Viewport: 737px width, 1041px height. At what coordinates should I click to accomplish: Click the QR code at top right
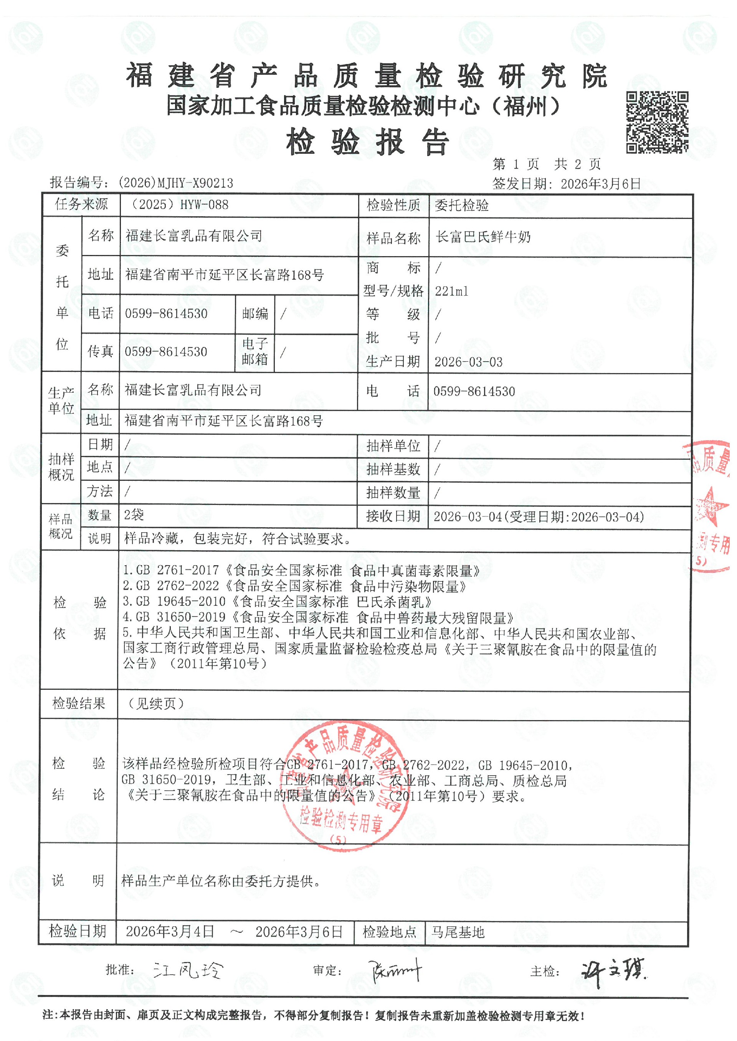tap(657, 122)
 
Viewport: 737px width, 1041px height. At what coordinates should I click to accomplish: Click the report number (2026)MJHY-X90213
tap(176, 183)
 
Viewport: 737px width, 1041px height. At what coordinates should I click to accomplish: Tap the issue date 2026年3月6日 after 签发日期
tap(600, 184)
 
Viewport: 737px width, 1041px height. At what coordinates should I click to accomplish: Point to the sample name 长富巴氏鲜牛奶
tap(483, 237)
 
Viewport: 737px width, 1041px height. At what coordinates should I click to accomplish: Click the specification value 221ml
tap(451, 291)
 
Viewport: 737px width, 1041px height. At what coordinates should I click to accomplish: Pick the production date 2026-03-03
tap(468, 362)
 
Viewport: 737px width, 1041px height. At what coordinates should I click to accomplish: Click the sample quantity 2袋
tap(134, 515)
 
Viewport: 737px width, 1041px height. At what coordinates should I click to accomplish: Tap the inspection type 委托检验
tap(461, 206)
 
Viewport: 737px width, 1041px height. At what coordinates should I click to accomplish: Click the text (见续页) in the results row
tap(156, 703)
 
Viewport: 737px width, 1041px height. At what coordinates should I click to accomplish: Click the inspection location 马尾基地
tap(458, 932)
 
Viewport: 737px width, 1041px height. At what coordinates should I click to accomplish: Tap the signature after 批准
tap(188, 970)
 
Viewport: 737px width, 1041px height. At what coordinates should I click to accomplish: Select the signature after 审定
tap(395, 971)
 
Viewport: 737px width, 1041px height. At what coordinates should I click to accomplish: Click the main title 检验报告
tap(368, 142)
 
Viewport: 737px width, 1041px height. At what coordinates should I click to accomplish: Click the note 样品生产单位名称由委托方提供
tap(221, 881)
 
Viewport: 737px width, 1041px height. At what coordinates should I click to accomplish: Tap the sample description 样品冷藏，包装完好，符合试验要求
tap(237, 539)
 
